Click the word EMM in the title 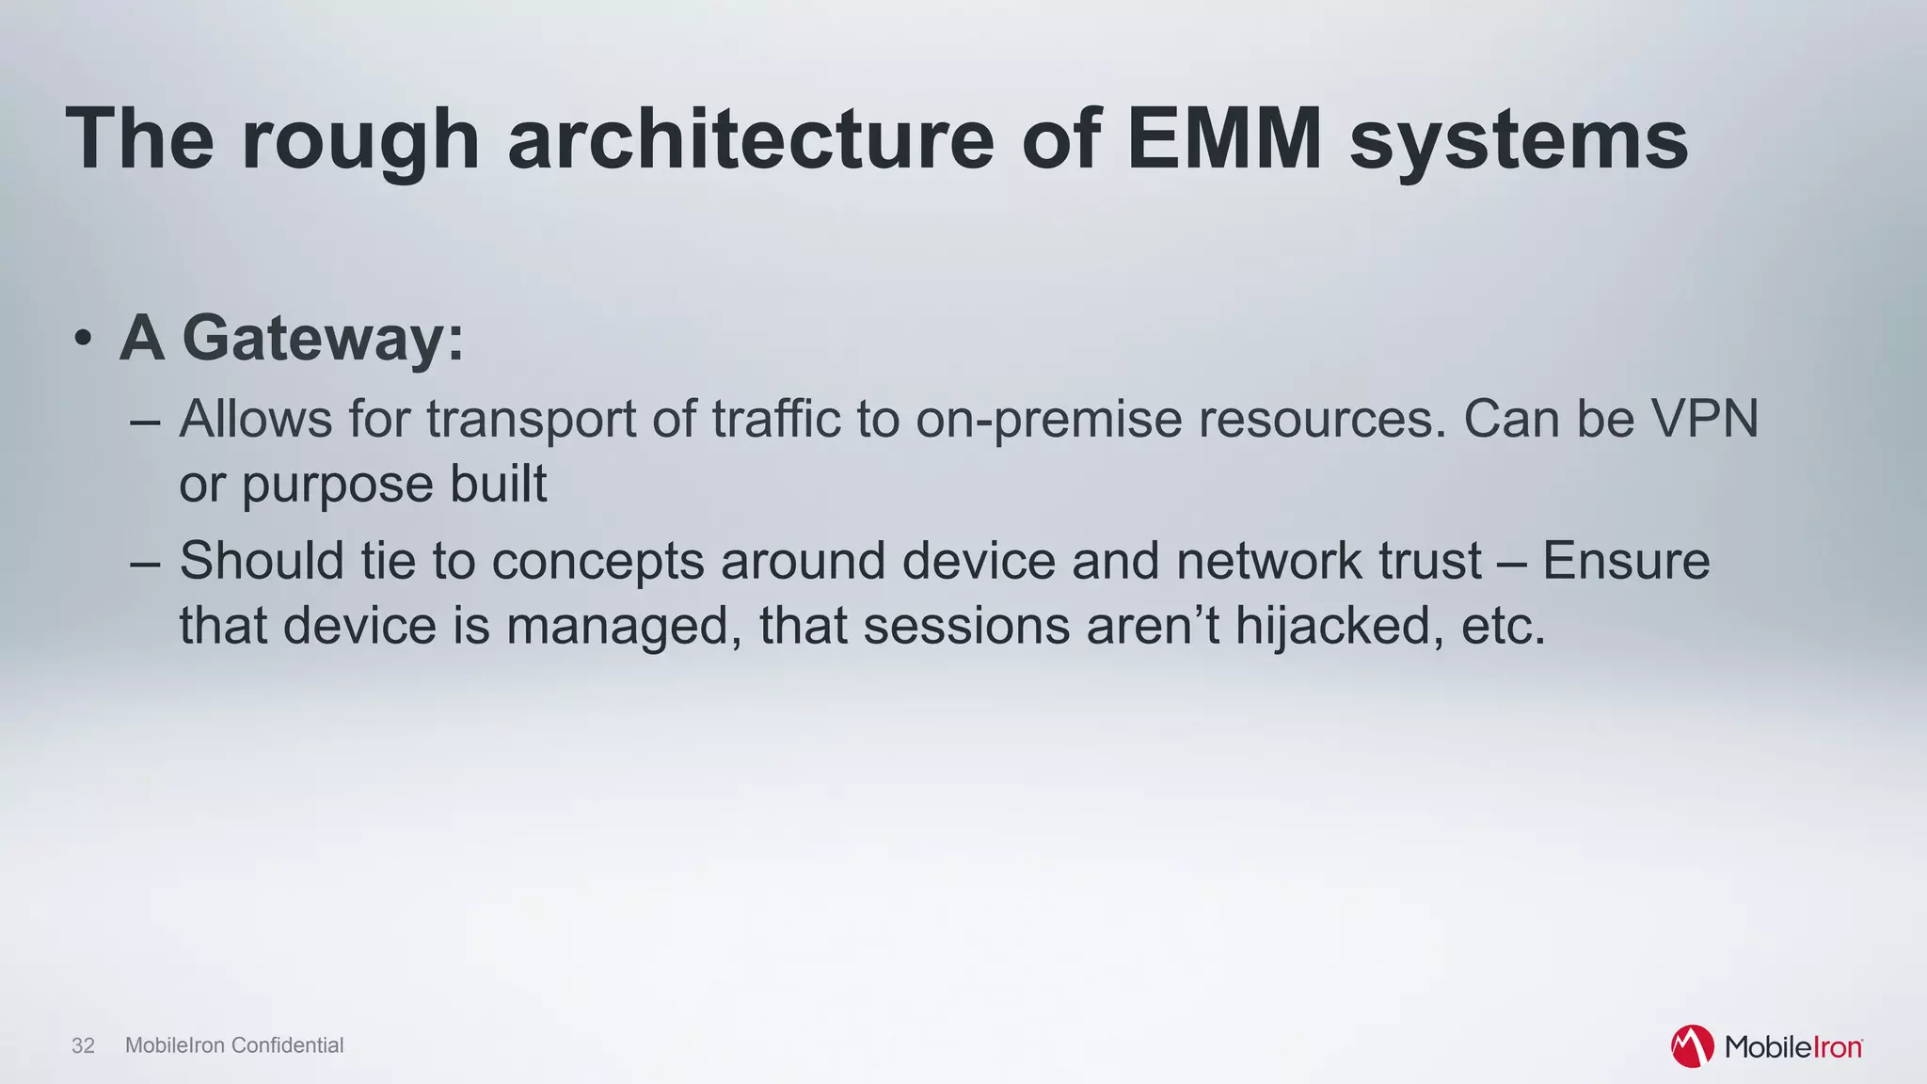coord(1224,139)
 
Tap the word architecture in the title coord(751,139)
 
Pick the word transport coord(531,421)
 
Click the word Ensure coord(1626,561)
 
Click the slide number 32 coord(83,1045)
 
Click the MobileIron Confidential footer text coord(234,1045)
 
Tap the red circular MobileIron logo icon coord(1692,1046)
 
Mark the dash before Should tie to coord(145,562)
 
